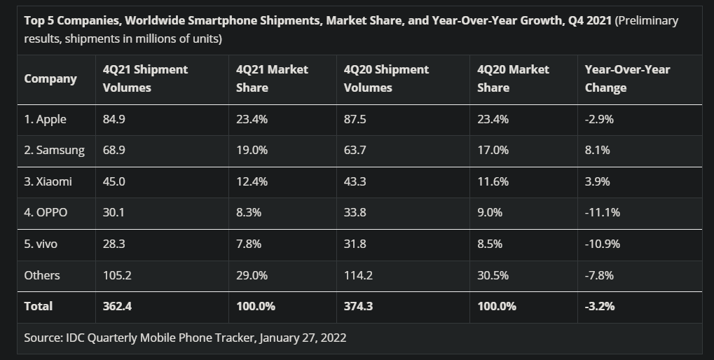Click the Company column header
pyautogui.click(x=50, y=78)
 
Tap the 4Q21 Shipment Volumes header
pyautogui.click(x=145, y=78)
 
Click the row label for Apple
pyautogui.click(x=45, y=119)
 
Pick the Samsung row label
pyautogui.click(x=54, y=150)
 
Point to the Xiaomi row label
pyautogui.click(x=48, y=181)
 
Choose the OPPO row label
pyautogui.click(x=46, y=212)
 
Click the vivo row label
pyautogui.click(x=41, y=244)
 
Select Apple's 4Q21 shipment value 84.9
pyautogui.click(x=114, y=119)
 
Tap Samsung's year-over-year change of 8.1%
pyautogui.click(x=597, y=150)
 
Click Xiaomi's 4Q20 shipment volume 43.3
pyautogui.click(x=355, y=181)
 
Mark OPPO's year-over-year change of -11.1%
pyautogui.click(x=602, y=212)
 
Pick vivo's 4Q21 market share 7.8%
pyautogui.click(x=249, y=244)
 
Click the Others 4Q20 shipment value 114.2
pyautogui.click(x=358, y=275)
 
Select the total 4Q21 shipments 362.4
pyautogui.click(x=117, y=306)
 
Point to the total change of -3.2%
pyautogui.click(x=600, y=306)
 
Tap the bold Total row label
pyautogui.click(x=38, y=306)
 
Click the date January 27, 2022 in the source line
pyautogui.click(x=302, y=338)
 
